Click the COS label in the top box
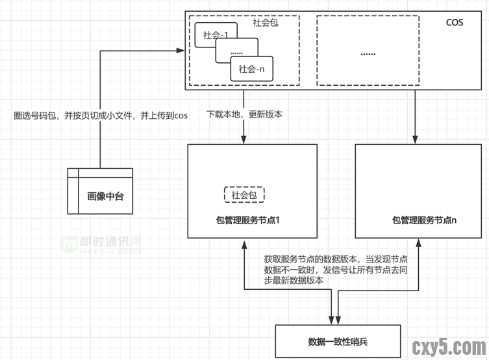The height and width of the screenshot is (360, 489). coord(455,23)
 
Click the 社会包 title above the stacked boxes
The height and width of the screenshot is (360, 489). coord(266,23)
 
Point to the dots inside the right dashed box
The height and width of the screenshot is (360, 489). coord(368,53)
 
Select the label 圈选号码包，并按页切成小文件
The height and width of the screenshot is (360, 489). coord(101,116)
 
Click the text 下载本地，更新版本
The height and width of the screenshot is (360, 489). coord(244,114)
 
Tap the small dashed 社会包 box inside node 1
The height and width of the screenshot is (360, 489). coord(244,195)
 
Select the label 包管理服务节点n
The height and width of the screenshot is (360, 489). coord(424,220)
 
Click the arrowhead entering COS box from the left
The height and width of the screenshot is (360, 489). coord(181,49)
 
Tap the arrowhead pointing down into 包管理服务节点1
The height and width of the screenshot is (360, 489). coord(244,140)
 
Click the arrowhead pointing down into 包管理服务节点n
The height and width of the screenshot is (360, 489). coord(416,140)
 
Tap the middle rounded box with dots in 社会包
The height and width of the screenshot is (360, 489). coord(236,51)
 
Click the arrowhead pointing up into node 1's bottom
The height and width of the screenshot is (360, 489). coord(244,243)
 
